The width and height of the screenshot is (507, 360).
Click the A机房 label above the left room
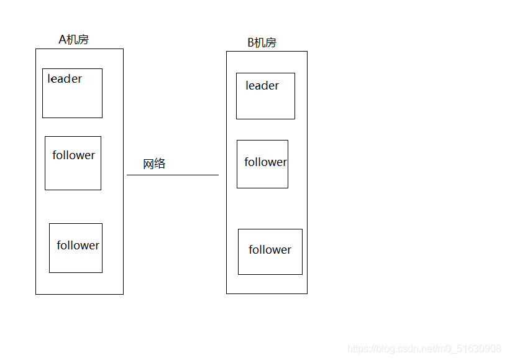74,39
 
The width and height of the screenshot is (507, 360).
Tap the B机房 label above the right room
262,42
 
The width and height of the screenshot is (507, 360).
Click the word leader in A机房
65,78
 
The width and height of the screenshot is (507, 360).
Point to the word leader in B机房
262,85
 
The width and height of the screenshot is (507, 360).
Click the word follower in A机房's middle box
74,155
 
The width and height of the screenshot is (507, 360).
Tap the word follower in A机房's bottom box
78,245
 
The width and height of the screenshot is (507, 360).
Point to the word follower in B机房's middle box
265,162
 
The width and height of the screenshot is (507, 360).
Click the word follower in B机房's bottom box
270,249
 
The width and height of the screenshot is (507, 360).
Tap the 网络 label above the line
154,164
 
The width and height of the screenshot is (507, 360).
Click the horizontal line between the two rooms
173,175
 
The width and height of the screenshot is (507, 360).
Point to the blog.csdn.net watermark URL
424,348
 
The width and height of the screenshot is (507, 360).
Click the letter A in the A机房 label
62,39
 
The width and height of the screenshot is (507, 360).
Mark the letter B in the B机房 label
251,43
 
